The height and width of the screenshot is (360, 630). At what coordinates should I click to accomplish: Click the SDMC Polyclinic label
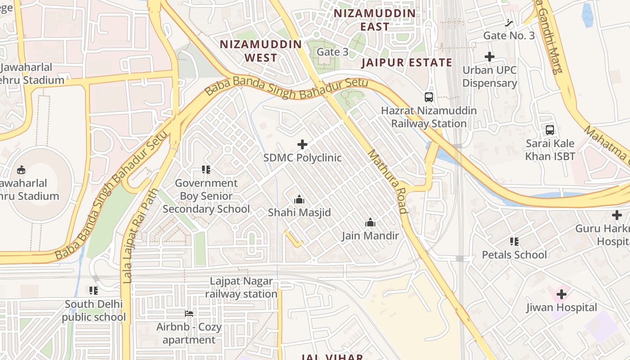coord(302,158)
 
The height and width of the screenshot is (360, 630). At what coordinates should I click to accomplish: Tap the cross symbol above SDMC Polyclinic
coord(302,144)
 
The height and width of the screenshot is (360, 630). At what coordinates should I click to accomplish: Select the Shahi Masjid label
coord(299,212)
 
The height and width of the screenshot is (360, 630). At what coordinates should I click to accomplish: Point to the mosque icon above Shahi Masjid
coord(299,199)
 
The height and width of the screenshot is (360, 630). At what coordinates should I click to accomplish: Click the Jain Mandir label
coord(370,236)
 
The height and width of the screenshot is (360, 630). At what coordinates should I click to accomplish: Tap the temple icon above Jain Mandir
coord(370,222)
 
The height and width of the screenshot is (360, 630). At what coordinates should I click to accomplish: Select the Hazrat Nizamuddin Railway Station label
coord(428,117)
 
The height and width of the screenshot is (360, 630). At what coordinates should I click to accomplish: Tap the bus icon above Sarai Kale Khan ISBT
coord(549,130)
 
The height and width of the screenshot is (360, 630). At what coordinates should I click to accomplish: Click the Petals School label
coord(514,255)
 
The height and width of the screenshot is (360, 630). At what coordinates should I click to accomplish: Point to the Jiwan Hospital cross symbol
coord(561,295)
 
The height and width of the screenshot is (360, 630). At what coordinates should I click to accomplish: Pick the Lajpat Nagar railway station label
coord(241,288)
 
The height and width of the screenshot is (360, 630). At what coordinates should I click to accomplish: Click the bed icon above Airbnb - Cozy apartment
coord(189,313)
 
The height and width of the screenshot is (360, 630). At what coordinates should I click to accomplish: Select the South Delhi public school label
coord(94,310)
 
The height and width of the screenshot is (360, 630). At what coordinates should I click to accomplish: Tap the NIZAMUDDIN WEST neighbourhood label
coord(261,51)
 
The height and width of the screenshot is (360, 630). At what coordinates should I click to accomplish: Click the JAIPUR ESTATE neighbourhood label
coord(407,63)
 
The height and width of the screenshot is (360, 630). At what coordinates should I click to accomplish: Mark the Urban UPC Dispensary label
coord(490,76)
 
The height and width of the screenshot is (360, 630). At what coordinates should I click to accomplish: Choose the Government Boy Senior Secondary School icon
coord(206,170)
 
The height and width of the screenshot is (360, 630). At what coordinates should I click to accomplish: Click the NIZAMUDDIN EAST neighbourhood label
coord(374,20)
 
